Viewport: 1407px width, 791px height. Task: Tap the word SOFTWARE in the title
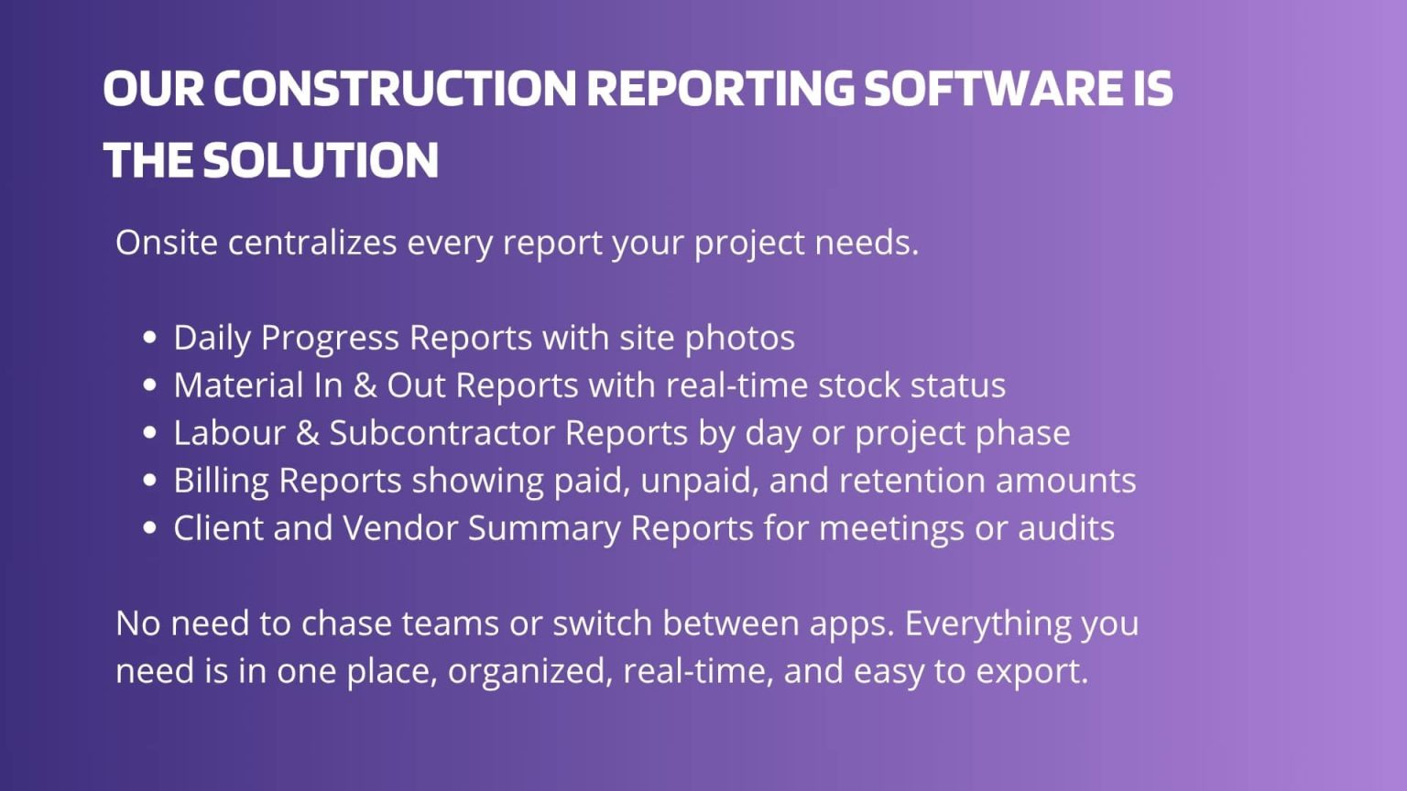[x=991, y=89]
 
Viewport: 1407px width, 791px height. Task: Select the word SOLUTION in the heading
[x=321, y=160]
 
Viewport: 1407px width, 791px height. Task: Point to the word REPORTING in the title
[x=720, y=89]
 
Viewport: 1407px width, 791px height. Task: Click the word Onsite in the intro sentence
[x=167, y=243]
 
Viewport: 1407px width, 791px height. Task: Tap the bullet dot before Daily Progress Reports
[x=150, y=338]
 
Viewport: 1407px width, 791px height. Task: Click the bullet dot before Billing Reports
[x=150, y=481]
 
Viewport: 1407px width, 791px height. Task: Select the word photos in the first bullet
[x=739, y=338]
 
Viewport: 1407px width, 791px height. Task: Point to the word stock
[x=858, y=385]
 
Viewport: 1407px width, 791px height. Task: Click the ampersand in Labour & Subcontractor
[x=307, y=433]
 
